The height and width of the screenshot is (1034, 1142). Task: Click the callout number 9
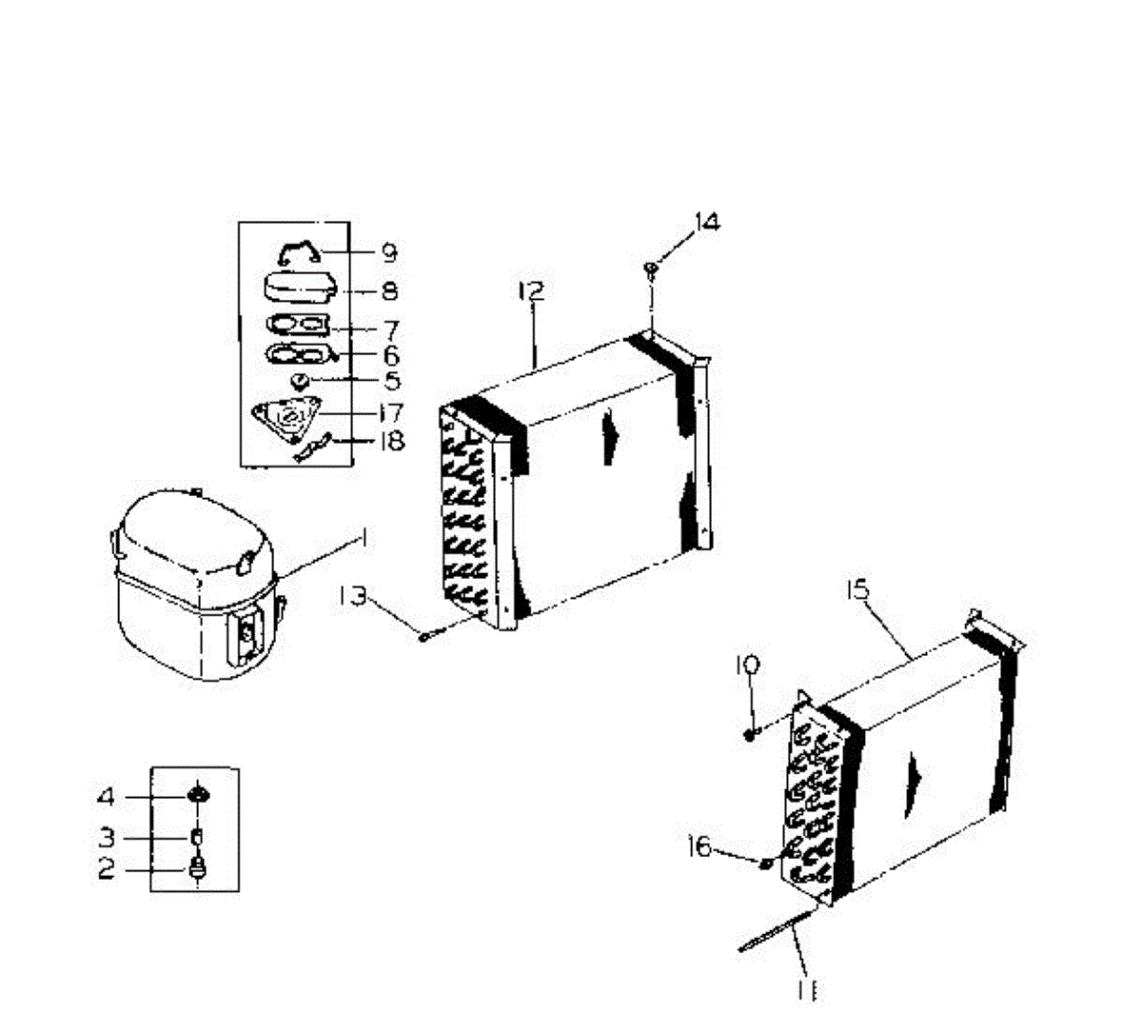coord(388,252)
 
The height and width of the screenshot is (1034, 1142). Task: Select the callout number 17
coord(390,413)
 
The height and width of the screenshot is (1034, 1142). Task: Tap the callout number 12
coord(531,290)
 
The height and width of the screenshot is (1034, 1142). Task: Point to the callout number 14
coord(706,222)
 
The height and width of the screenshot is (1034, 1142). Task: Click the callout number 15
coord(857,590)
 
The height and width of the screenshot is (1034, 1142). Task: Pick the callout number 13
coord(352,596)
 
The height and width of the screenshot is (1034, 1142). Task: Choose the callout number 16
coord(700,845)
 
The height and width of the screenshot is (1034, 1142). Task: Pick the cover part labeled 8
coord(298,287)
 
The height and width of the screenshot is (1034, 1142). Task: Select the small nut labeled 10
coord(750,733)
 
